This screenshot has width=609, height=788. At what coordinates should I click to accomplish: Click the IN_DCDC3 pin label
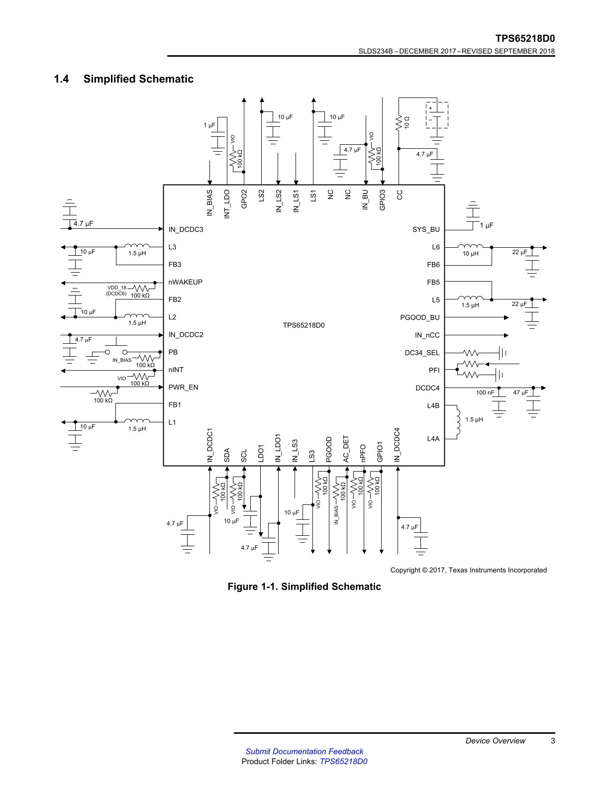(x=186, y=229)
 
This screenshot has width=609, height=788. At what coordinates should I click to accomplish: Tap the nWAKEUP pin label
(x=186, y=282)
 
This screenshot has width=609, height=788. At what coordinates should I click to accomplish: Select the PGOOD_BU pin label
(x=419, y=318)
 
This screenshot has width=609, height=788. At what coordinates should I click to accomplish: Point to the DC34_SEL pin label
(x=422, y=353)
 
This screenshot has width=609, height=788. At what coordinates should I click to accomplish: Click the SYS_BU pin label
(x=426, y=229)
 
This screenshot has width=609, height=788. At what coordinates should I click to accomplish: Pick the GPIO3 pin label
(x=382, y=200)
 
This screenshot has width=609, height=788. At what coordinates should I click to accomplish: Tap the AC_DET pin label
(x=346, y=449)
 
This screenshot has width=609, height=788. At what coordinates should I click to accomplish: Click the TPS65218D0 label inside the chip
(x=304, y=325)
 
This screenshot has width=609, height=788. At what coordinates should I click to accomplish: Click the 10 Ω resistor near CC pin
(x=399, y=123)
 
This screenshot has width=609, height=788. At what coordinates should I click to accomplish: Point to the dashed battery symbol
(x=437, y=115)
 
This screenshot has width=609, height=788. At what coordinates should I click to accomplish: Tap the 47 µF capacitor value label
(x=521, y=393)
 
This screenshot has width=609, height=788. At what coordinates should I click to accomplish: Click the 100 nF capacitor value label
(x=485, y=393)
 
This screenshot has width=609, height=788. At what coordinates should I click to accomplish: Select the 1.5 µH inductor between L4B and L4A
(x=458, y=422)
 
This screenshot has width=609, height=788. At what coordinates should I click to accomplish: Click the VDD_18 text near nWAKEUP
(x=117, y=288)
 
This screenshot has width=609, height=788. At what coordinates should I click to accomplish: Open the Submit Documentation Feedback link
(x=304, y=751)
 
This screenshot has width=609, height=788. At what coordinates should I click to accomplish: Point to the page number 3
(x=553, y=741)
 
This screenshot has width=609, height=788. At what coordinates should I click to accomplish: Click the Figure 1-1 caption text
(x=304, y=587)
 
